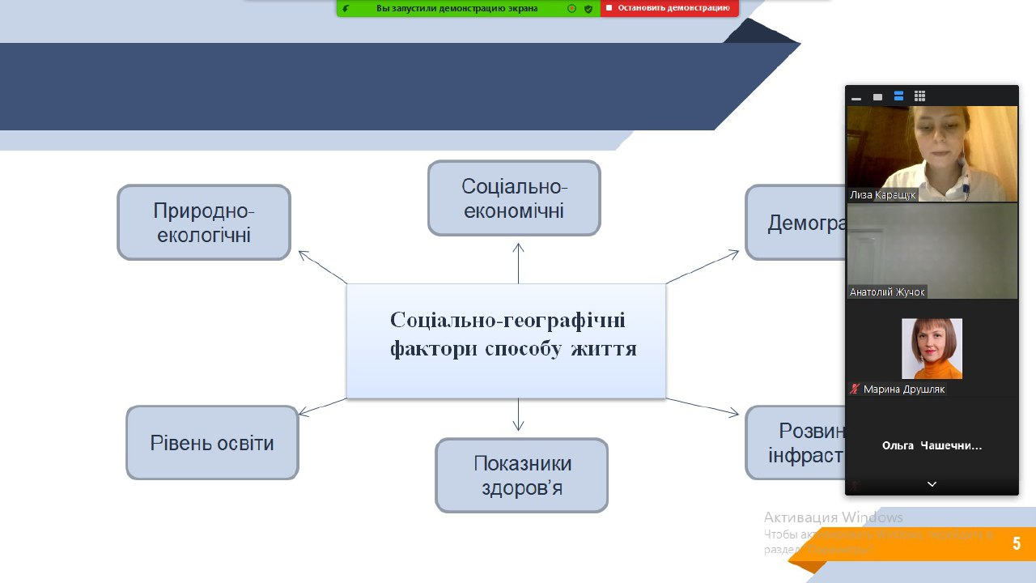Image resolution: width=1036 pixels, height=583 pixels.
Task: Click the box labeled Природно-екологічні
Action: pyautogui.click(x=203, y=223)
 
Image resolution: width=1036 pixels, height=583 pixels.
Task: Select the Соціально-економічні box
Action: pyautogui.click(x=514, y=198)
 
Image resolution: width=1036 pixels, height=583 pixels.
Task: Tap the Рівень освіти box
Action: pyautogui.click(x=212, y=443)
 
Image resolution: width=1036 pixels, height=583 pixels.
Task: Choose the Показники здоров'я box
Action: pyautogui.click(x=521, y=475)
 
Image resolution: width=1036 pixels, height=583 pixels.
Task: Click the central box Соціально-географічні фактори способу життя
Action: pyautogui.click(x=506, y=341)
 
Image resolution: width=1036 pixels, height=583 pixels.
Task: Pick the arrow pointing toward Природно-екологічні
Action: pyautogui.click(x=322, y=267)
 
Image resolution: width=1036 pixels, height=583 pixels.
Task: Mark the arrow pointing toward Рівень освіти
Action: pyautogui.click(x=322, y=406)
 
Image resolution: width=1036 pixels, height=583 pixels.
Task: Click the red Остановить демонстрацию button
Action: pyautogui.click(x=669, y=8)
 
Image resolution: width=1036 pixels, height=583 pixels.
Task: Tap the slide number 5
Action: pyautogui.click(x=1016, y=543)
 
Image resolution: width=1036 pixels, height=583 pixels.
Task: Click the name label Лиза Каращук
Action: pyautogui.click(x=882, y=195)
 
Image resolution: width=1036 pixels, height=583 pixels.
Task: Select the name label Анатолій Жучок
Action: pyautogui.click(x=887, y=292)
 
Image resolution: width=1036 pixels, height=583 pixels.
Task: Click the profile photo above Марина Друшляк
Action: pyautogui.click(x=932, y=348)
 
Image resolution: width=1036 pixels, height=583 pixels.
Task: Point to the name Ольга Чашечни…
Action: pyautogui.click(x=932, y=445)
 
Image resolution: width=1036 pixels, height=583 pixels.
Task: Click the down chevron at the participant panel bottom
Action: pyautogui.click(x=932, y=484)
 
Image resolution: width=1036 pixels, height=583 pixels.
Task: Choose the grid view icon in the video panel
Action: pyautogui.click(x=919, y=96)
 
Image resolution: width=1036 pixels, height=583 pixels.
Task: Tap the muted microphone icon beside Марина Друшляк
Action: pyautogui.click(x=853, y=389)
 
